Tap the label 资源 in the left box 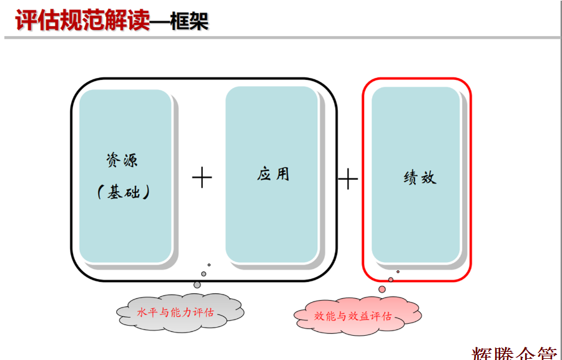[x=122, y=160]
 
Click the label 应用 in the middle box [x=273, y=173]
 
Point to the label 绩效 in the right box [x=419, y=178]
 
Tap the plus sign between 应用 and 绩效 [x=348, y=180]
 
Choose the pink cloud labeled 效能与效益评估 [x=355, y=316]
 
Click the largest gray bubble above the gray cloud [x=197, y=285]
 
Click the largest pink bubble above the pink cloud [x=382, y=289]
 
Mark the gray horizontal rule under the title [x=281, y=38]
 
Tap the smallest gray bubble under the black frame [x=209, y=265]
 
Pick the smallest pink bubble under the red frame [x=398, y=271]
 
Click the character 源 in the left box [x=130, y=160]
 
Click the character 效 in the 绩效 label [x=428, y=178]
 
